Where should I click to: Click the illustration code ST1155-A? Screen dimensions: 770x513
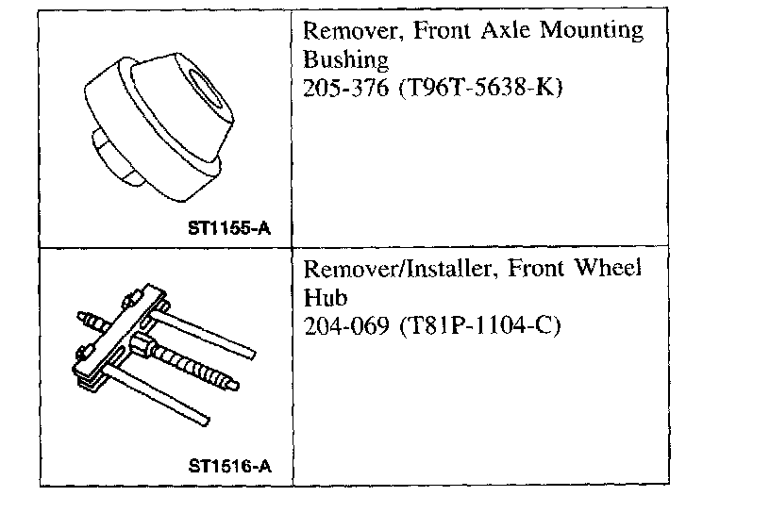click(x=230, y=227)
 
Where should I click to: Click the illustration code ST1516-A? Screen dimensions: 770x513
click(x=230, y=464)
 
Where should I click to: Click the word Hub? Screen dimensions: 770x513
click(x=319, y=298)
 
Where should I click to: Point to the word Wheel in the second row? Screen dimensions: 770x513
click(x=609, y=269)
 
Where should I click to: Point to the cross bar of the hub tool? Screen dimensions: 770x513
click(x=123, y=339)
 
